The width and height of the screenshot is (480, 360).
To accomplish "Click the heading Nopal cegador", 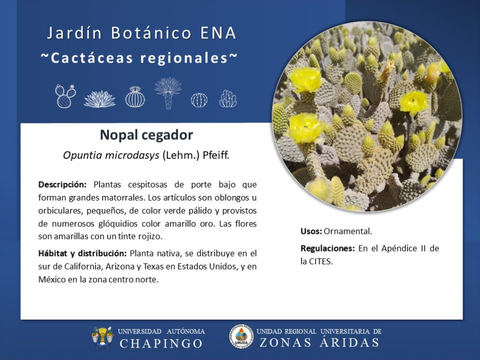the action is click(146, 135).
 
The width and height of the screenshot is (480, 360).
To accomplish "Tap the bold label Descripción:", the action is click(62, 184).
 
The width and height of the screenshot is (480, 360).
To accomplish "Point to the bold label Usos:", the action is click(311, 231).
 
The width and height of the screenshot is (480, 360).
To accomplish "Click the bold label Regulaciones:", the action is click(327, 248).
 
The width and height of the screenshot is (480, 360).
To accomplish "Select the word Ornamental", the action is click(348, 231).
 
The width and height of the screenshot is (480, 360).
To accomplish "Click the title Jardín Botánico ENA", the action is click(141, 33).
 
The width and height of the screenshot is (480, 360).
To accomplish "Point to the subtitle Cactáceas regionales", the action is click(139, 58).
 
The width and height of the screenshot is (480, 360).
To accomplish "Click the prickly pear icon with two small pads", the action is click(65, 96).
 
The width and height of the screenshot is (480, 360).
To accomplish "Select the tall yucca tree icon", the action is click(168, 93).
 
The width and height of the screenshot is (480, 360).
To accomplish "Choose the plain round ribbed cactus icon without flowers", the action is click(199, 100).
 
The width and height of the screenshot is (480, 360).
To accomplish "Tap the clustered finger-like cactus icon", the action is click(228, 98).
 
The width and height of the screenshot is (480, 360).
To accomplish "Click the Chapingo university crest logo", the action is click(102, 337).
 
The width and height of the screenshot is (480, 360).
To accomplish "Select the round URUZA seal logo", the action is click(241, 337).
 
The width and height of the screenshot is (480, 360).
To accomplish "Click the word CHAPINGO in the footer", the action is click(161, 343).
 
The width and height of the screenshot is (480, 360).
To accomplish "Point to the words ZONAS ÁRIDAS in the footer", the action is click(319, 342).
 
